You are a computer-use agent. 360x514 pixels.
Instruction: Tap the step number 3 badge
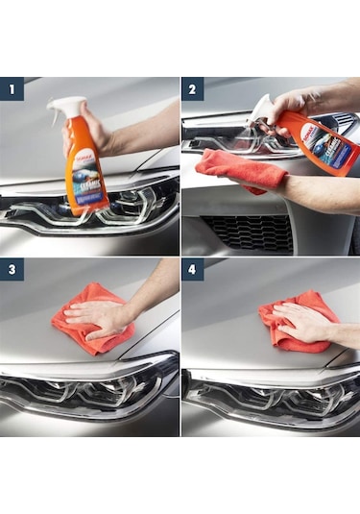coord(12,270)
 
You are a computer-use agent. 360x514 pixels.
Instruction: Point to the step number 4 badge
coord(193,270)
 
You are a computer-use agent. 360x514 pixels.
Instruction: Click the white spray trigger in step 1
coord(66,107)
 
